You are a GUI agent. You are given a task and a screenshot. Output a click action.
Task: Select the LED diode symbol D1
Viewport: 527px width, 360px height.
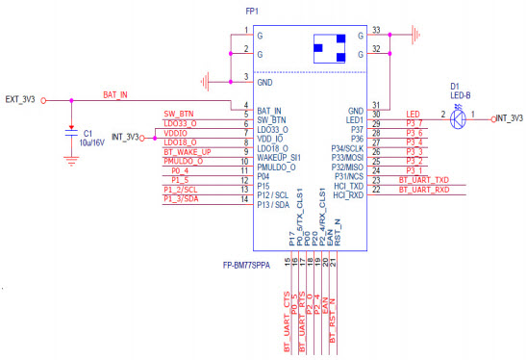[460, 117]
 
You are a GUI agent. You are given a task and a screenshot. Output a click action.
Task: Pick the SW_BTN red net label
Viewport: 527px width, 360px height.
[180, 113]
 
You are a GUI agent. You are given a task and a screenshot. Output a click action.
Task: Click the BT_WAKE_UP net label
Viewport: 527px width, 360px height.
[187, 150]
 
